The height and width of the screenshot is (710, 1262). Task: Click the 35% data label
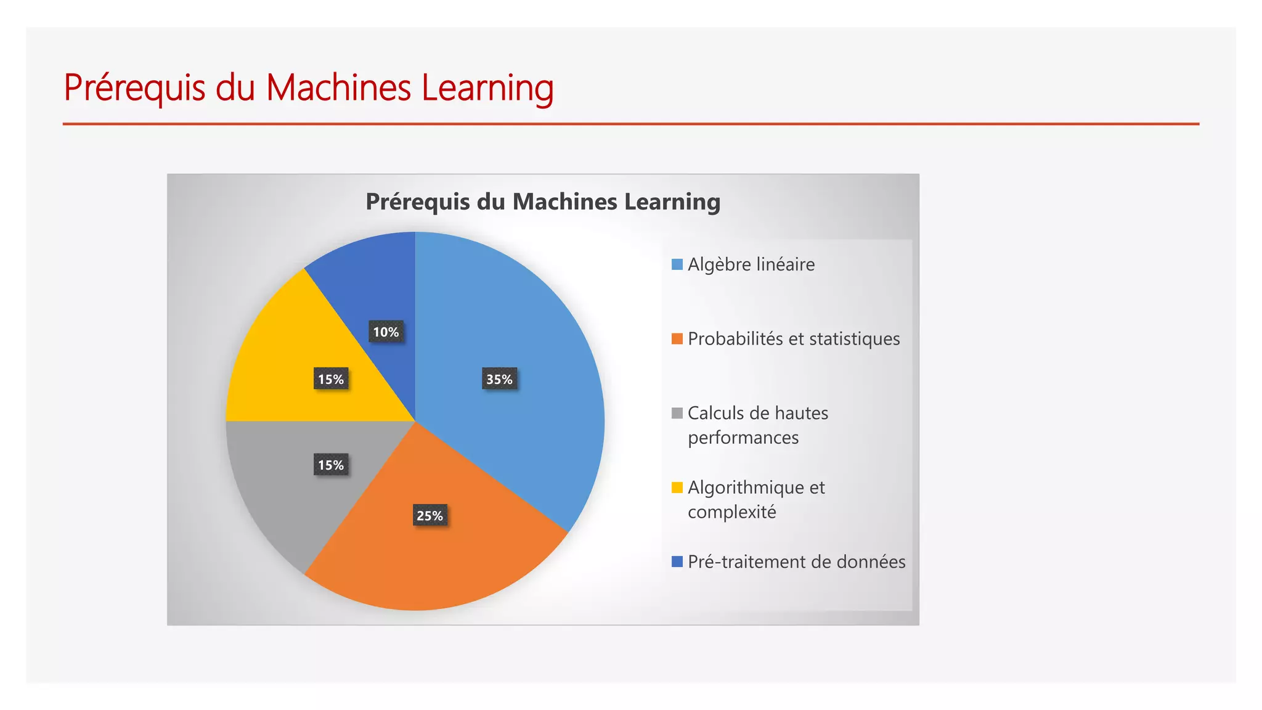[x=499, y=379]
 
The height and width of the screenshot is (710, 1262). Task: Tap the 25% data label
[x=429, y=515]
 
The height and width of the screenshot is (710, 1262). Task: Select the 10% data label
[x=386, y=332]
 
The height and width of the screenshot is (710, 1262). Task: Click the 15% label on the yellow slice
[x=331, y=379]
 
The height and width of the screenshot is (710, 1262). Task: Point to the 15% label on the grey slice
[x=331, y=465]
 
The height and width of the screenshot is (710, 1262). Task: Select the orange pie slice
[x=444, y=561]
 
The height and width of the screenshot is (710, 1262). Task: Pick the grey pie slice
[x=277, y=493]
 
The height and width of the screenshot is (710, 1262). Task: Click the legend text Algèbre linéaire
[x=751, y=264]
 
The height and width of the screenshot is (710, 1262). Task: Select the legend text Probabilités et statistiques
[x=794, y=339]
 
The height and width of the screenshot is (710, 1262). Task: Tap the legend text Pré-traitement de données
[x=796, y=561]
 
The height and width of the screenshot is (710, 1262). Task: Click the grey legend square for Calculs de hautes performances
[x=677, y=413]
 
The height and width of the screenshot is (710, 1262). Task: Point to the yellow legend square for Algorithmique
[x=677, y=488]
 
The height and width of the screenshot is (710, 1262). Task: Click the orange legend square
[x=677, y=339]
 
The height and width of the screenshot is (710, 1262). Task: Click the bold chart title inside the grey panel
[x=543, y=202]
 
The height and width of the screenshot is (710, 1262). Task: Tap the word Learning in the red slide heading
[x=487, y=88]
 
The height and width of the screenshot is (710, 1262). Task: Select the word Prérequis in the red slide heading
[x=134, y=88]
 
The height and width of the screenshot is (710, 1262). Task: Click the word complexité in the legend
[x=731, y=512]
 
